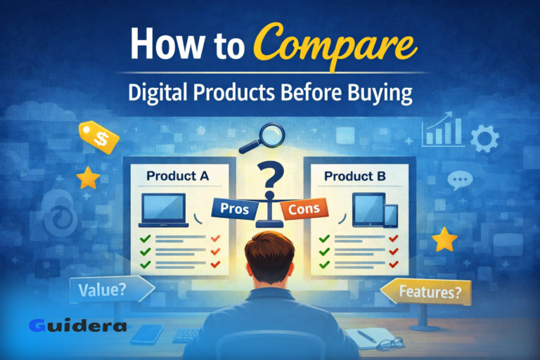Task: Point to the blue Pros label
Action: tap(234, 209)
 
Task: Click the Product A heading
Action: tap(178, 176)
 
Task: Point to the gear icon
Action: tap(484, 139)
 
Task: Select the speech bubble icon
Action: tap(461, 181)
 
